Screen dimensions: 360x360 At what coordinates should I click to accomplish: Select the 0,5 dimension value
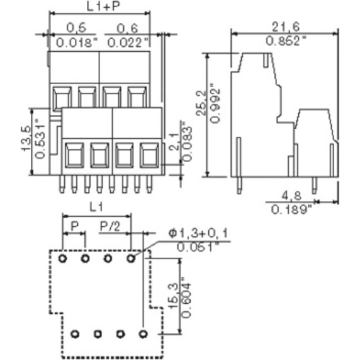[x=71, y=28]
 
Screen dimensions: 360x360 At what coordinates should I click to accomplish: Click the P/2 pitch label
[x=110, y=228]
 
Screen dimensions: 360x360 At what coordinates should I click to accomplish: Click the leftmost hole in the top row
[x=63, y=257]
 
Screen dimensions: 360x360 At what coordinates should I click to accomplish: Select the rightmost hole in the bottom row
[x=143, y=334]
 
